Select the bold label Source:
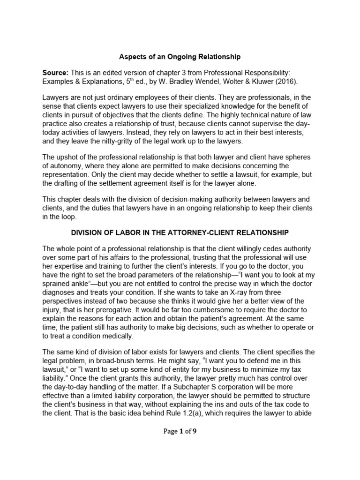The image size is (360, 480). pyautogui.click(x=55, y=72)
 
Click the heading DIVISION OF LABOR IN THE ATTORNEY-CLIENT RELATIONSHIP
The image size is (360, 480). pyautogui.click(x=180, y=232)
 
